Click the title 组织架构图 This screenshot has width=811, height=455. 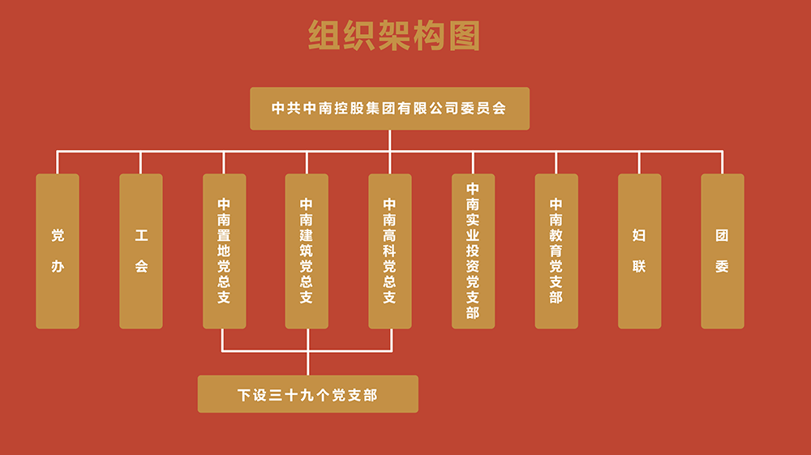tap(395, 36)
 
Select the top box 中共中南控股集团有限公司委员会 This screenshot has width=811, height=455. tap(389, 109)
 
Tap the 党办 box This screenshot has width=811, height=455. tap(58, 251)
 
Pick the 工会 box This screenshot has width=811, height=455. tap(141, 251)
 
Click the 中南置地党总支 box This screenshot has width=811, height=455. tap(224, 251)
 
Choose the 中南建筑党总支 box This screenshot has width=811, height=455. tap(307, 251)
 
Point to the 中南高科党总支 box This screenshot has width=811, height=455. tap(390, 251)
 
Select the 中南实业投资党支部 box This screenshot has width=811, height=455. tap(473, 251)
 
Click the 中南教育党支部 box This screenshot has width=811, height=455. tap(556, 251)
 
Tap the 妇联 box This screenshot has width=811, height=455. tap(639, 251)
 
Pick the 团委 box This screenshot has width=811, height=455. tap(722, 251)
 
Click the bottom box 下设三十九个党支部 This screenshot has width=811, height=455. tap(308, 394)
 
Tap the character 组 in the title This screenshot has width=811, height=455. tap(324, 36)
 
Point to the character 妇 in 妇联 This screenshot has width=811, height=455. tap(639, 236)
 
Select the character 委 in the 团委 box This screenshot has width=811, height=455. tap(722, 266)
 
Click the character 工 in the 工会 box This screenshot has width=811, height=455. tap(141, 236)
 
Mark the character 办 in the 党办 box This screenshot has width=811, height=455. tap(58, 266)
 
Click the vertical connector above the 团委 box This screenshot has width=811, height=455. tap(722, 162)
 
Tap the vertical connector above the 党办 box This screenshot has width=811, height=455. tap(58, 162)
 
